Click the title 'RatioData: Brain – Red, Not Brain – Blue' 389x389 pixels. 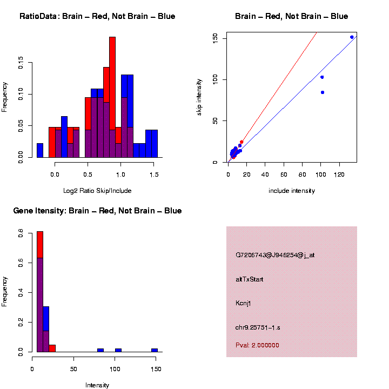click(97, 17)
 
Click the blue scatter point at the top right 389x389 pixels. click(352, 37)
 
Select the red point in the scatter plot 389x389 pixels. click(242, 142)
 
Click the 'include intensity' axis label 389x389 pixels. click(292, 191)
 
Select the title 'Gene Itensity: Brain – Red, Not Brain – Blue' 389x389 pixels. click(97, 211)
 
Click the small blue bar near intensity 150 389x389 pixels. click(155, 350)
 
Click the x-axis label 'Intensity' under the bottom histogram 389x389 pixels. click(97, 385)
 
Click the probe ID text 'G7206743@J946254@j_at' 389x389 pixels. click(275, 255)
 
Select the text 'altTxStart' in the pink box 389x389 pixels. click(249, 279)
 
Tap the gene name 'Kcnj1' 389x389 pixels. click(243, 303)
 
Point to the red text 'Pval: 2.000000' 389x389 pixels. click(257, 345)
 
